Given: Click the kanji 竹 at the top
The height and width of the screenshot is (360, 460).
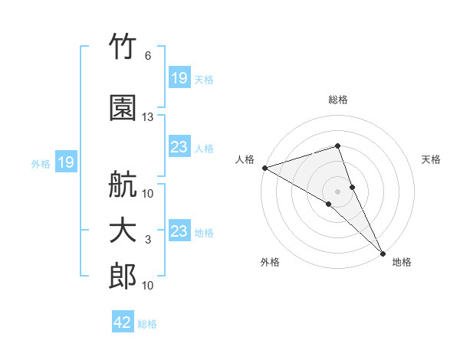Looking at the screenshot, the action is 123,46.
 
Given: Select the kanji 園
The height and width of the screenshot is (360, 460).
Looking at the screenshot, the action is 123,108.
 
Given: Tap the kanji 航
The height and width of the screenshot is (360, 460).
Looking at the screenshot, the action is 123,184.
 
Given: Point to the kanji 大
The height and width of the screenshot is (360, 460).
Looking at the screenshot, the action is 123,231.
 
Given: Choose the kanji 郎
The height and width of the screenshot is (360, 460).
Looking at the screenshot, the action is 123,276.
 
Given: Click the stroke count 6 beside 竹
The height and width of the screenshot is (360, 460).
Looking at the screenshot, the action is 148,56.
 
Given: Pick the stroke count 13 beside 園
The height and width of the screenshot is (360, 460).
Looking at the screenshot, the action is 147,117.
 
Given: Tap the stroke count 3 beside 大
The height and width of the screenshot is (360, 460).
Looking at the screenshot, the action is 148,240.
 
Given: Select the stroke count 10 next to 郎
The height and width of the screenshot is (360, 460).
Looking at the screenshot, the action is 147,285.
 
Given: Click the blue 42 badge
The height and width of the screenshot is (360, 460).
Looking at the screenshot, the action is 123,321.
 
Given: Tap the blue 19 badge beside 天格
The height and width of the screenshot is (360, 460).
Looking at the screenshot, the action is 180,77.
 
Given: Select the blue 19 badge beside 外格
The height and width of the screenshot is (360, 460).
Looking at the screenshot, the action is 66,162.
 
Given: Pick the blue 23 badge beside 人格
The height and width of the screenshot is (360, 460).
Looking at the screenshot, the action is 180,146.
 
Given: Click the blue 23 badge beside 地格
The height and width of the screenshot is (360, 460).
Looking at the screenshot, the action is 180,230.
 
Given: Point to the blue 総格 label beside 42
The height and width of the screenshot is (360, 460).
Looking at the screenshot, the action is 147,324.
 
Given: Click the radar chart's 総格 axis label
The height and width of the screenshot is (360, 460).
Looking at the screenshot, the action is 338,100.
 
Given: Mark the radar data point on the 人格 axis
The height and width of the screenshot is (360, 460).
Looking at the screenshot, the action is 265,168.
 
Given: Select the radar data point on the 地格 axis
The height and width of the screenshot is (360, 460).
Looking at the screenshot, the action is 383,254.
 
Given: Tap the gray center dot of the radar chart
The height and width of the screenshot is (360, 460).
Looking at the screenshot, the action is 337,191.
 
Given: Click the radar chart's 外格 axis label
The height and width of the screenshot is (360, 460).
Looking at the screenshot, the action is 270,262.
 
